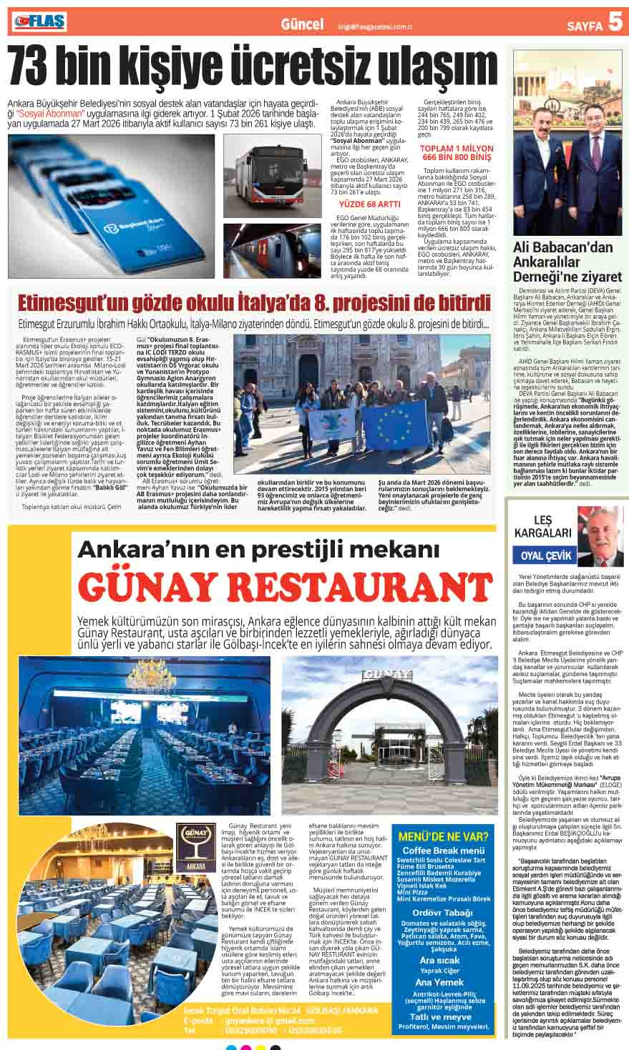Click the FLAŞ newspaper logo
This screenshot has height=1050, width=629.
pyautogui.click(x=39, y=24)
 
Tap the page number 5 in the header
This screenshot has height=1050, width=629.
pyautogui.click(x=614, y=24)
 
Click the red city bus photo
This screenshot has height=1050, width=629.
pyautogui.click(x=272, y=175)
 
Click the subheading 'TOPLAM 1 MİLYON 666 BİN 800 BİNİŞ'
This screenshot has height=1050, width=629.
pyautogui.click(x=457, y=152)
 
